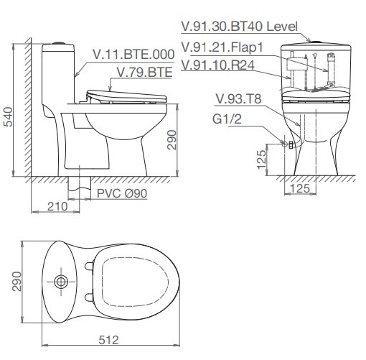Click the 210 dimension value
pyautogui.click(x=57, y=206)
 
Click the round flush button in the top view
pyautogui.click(x=62, y=281)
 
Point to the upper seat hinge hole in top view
pyautogui.click(x=88, y=266)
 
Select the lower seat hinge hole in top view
pyautogui.click(x=88, y=296)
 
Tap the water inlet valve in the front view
pyautogui.click(x=288, y=144)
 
